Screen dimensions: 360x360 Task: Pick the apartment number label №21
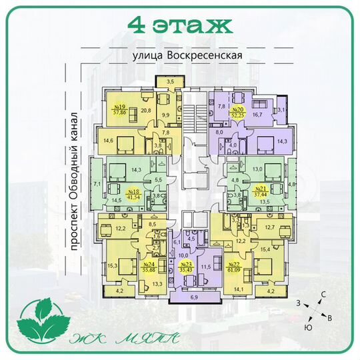click(261, 190)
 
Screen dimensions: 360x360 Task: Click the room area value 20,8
click(145, 111)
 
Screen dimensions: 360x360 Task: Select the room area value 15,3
click(111, 266)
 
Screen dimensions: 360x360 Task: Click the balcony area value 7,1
click(96, 183)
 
